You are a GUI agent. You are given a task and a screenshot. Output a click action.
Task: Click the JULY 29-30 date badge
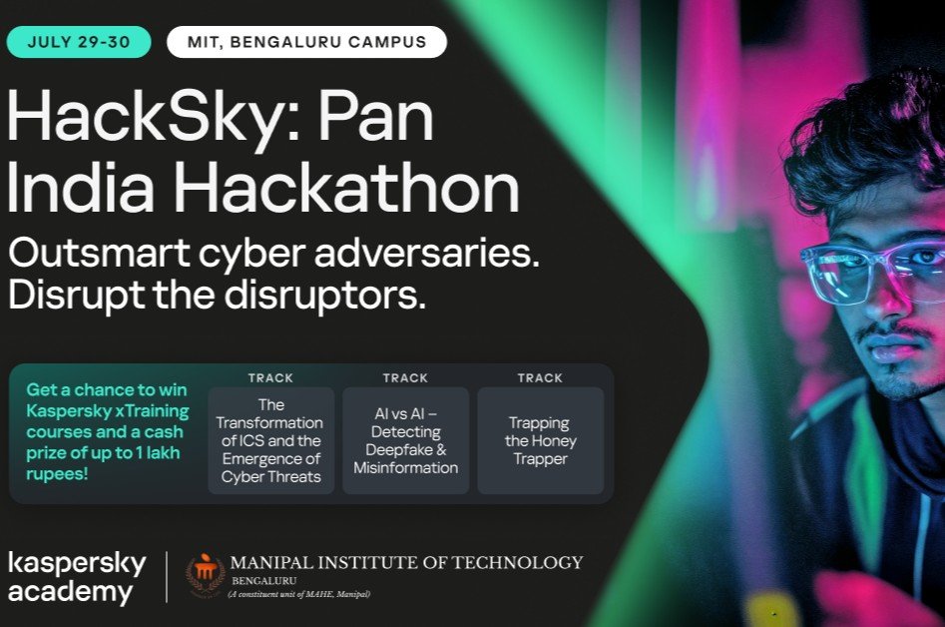tap(79, 42)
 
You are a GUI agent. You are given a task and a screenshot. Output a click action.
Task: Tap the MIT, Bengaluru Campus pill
tap(306, 42)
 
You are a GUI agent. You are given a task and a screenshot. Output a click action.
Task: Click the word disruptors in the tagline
tap(325, 295)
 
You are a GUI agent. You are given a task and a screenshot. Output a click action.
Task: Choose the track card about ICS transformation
tap(271, 440)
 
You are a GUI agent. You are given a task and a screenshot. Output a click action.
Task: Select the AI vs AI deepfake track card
tap(405, 440)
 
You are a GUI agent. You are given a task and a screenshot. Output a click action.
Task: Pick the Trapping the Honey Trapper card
tap(541, 440)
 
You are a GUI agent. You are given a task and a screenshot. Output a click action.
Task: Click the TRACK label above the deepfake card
tap(405, 378)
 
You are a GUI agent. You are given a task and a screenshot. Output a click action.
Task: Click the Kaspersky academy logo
tap(77, 577)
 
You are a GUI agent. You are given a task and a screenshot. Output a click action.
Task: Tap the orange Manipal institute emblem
tap(206, 575)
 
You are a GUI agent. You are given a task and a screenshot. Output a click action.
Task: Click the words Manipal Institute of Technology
tap(407, 562)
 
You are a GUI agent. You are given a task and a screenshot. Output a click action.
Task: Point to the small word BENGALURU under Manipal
tap(264, 581)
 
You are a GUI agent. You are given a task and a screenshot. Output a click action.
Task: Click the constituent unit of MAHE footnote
tap(299, 594)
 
